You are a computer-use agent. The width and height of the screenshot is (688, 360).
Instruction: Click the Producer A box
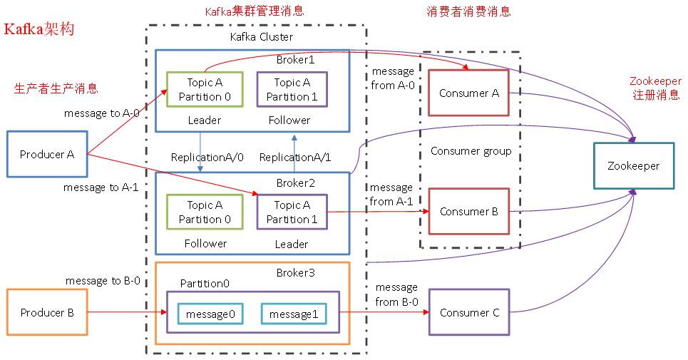pyautogui.click(x=47, y=154)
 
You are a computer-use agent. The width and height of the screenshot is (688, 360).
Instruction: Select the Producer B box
pyautogui.click(x=47, y=312)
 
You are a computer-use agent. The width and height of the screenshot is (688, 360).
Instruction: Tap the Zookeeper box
pyautogui.click(x=634, y=166)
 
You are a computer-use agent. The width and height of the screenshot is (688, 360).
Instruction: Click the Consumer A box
pyautogui.click(x=468, y=93)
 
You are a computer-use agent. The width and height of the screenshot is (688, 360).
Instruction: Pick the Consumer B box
pyautogui.click(x=468, y=212)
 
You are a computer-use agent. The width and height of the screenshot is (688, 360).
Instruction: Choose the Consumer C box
pyautogui.click(x=468, y=312)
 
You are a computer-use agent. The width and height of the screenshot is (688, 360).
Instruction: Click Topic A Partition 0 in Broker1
pyautogui.click(x=205, y=89)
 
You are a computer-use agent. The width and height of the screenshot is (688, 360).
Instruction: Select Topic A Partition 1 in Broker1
pyautogui.click(x=292, y=89)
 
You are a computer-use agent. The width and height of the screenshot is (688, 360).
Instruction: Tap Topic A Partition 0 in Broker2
pyautogui.click(x=205, y=212)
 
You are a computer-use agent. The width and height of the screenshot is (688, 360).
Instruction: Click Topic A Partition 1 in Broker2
pyautogui.click(x=292, y=212)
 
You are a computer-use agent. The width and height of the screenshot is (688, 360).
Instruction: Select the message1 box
pyautogui.click(x=293, y=314)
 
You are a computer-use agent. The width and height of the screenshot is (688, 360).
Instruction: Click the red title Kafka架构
pyautogui.click(x=39, y=30)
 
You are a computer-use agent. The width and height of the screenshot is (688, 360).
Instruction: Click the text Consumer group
pyautogui.click(x=471, y=151)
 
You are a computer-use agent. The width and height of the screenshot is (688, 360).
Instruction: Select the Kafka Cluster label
pyautogui.click(x=261, y=36)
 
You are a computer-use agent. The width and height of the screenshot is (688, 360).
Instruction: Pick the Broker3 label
pyautogui.click(x=295, y=273)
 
